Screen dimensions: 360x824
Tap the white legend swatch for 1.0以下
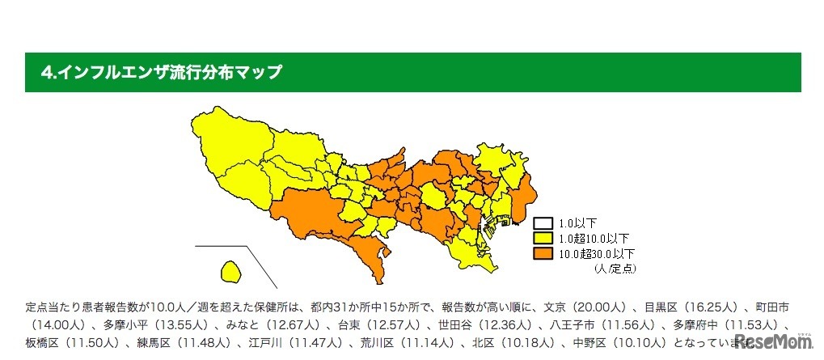(541, 222)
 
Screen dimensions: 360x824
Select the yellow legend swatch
(541, 238)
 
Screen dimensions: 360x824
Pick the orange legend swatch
(541, 253)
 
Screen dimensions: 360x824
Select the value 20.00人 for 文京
(596, 307)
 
